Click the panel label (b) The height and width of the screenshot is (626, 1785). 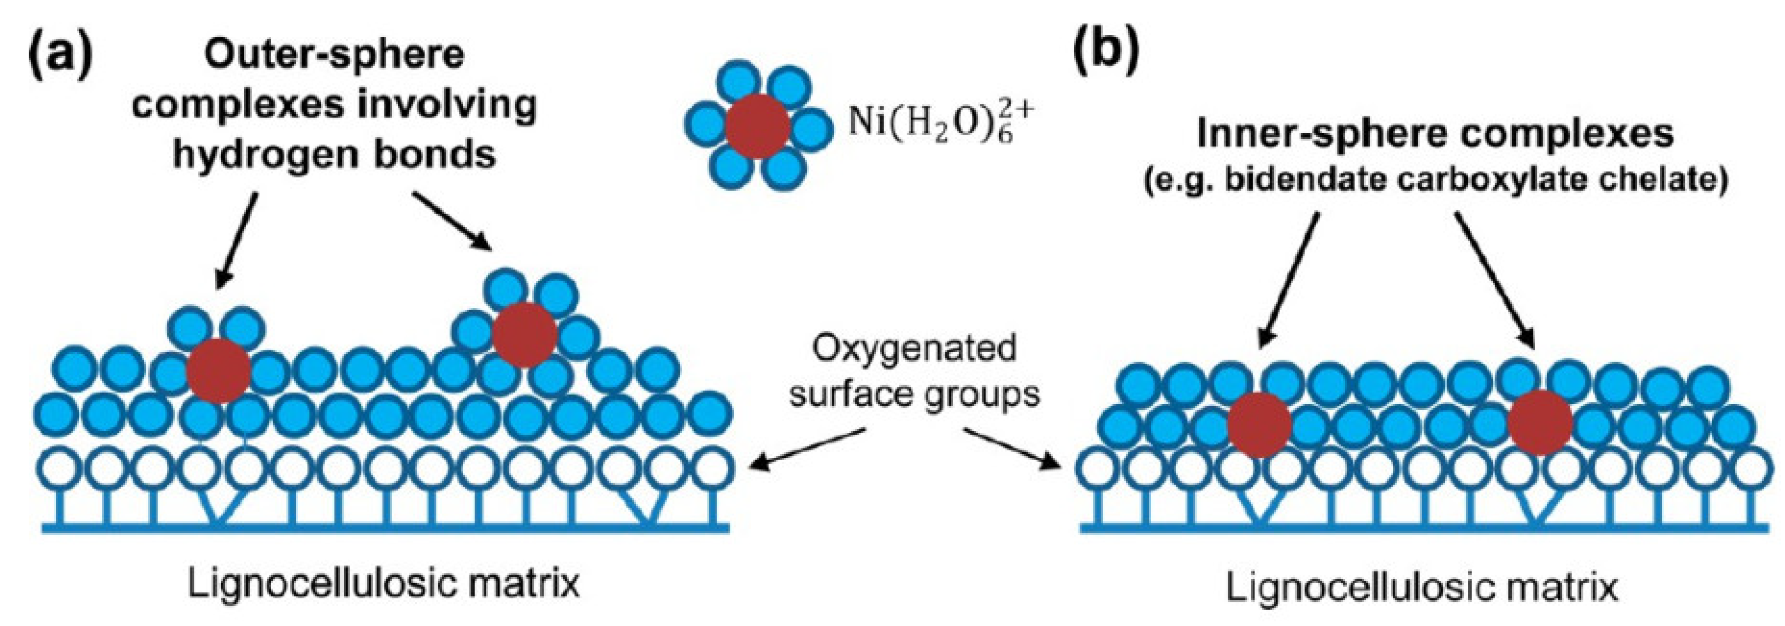pos(1107,52)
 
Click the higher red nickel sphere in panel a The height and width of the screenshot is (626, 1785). pos(524,335)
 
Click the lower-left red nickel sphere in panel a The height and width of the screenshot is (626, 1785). pos(218,371)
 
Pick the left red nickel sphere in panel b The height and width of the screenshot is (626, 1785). pos(1259,424)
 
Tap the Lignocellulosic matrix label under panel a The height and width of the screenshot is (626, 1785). pos(383,584)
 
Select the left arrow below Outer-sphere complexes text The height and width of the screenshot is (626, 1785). pos(237,240)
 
